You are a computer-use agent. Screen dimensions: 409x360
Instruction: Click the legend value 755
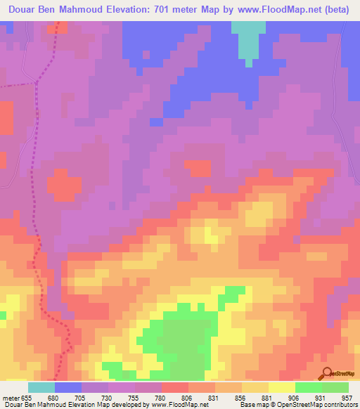pyautogui.click(x=131, y=398)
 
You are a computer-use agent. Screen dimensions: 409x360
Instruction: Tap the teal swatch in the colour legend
pyautogui.click(x=41, y=387)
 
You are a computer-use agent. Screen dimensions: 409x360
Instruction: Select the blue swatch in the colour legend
pyautogui.click(x=68, y=387)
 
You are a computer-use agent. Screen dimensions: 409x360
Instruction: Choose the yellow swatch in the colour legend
pyautogui.click(x=282, y=387)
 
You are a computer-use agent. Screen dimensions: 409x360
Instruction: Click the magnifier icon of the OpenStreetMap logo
pyautogui.click(x=326, y=372)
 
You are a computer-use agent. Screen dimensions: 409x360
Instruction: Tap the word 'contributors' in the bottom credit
pyautogui.click(x=339, y=405)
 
